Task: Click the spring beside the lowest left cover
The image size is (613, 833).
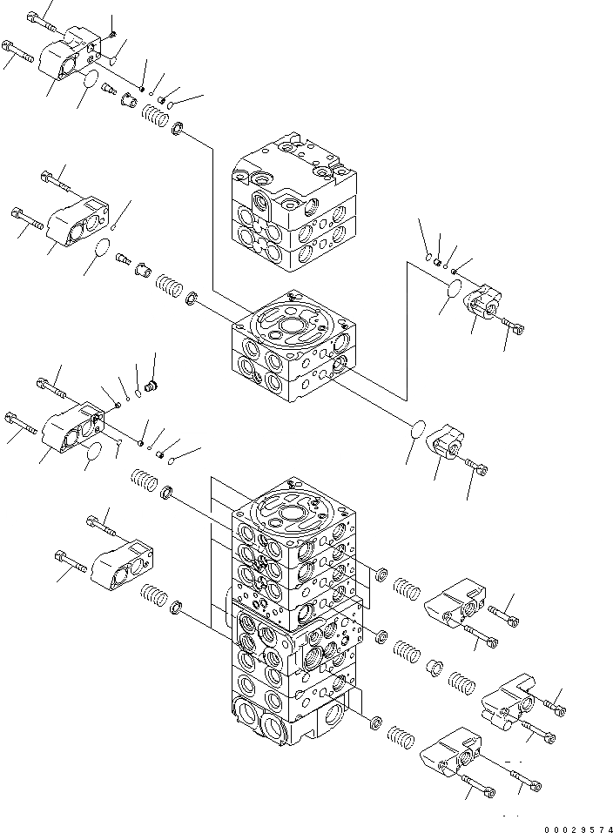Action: pyautogui.click(x=153, y=599)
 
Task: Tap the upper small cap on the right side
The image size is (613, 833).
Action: pyautogui.click(x=482, y=305)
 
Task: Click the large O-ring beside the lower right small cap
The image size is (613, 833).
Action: pyautogui.click(x=418, y=430)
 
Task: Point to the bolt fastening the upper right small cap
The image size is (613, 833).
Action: pyautogui.click(x=514, y=326)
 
